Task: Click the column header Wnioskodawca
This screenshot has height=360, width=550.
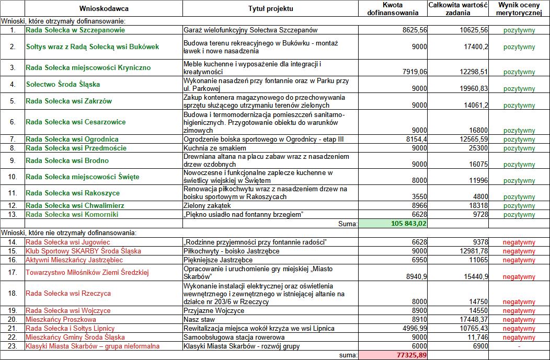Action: tap(104, 9)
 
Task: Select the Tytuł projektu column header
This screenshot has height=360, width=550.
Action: tap(270, 9)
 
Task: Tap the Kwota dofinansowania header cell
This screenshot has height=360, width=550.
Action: tap(393, 8)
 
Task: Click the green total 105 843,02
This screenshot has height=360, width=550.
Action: tap(409, 224)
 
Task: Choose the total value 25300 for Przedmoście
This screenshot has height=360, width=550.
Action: tap(477, 148)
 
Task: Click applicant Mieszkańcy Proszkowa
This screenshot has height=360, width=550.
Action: tap(61, 319)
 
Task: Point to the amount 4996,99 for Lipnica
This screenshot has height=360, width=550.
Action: tap(415, 328)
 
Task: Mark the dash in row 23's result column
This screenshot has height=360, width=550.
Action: tap(519, 346)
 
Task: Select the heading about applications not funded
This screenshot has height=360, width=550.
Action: tap(69, 232)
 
